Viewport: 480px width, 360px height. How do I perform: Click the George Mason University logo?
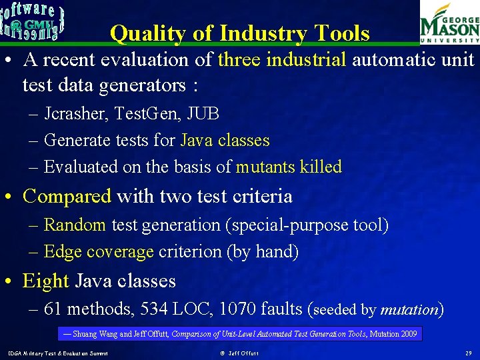point(448,24)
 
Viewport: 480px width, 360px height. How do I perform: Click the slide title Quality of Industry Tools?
point(239,33)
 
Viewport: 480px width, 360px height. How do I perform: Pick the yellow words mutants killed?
point(289,167)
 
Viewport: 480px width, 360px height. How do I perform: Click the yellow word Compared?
point(67,196)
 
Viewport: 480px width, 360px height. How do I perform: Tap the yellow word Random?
point(75,225)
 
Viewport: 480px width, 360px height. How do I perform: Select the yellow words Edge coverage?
point(99,251)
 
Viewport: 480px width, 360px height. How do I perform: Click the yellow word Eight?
point(46,281)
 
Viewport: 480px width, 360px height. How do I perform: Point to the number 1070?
point(235,309)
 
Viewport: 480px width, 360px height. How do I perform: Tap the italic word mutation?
point(409,309)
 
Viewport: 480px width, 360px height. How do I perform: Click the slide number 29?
point(469,353)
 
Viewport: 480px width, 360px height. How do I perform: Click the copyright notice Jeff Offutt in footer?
point(239,353)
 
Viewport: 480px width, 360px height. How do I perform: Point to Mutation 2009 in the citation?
point(393,333)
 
